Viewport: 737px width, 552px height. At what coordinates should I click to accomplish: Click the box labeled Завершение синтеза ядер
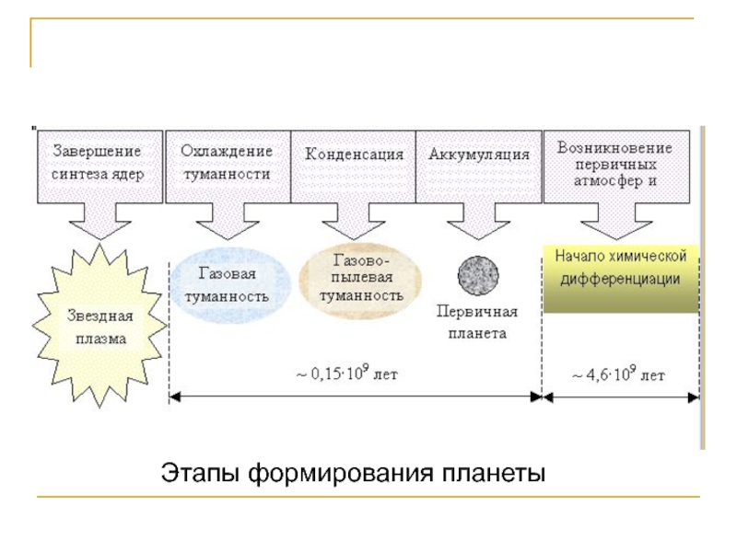[100, 167]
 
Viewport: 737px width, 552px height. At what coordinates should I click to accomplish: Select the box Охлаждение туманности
[228, 167]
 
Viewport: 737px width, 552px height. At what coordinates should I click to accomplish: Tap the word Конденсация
[354, 155]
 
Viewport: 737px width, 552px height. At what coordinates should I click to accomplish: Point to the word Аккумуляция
[479, 155]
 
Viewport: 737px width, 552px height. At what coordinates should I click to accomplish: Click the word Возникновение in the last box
[614, 148]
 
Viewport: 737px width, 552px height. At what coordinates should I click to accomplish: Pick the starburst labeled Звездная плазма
[99, 325]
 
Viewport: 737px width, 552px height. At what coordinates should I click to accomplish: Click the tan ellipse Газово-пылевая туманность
[360, 281]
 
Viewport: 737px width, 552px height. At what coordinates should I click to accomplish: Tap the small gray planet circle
[478, 275]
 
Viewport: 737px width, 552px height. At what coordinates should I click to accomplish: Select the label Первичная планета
[477, 323]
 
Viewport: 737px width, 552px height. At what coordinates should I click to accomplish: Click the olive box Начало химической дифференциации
[620, 279]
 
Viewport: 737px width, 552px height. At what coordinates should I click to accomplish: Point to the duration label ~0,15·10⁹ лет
[347, 374]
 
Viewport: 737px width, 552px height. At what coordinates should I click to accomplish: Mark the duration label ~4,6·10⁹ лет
[618, 374]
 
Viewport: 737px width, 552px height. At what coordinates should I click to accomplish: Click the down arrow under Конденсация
[354, 221]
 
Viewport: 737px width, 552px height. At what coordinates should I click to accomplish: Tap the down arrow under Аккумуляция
[478, 221]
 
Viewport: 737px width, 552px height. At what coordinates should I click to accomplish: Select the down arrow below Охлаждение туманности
[228, 221]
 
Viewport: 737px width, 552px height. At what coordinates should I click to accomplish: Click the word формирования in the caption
[340, 473]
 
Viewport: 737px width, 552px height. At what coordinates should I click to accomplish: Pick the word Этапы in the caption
[201, 473]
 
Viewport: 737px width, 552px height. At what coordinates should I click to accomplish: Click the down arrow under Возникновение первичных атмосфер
[616, 221]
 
